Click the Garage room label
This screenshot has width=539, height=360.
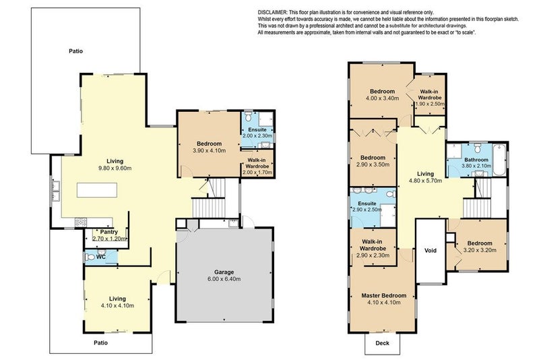[x=224, y=272]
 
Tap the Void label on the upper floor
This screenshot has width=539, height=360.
[x=431, y=250]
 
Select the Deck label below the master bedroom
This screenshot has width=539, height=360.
[x=382, y=342]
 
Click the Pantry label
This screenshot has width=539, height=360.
[x=109, y=232]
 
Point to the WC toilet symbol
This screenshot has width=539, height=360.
[x=90, y=257]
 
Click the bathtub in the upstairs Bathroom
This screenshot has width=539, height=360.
[x=499, y=160]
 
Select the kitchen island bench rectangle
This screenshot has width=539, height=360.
[x=97, y=190]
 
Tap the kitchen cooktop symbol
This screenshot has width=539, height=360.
[x=81, y=222]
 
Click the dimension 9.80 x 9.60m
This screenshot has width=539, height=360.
[x=115, y=168]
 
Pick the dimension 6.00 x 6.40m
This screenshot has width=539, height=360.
[x=224, y=279]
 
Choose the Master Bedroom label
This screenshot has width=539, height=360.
[x=383, y=295]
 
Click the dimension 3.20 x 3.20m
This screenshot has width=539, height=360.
[x=480, y=250]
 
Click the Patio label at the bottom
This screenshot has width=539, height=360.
[x=100, y=342]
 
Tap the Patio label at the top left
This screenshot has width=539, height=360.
[x=75, y=51]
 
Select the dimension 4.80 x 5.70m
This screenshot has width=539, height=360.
[x=425, y=181]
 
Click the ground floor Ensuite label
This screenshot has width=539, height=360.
[x=257, y=129]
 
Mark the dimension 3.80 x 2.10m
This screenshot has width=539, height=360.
[x=476, y=166]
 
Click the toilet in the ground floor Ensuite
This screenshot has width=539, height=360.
[x=249, y=116]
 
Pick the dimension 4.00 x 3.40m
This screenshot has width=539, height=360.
[x=382, y=98]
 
